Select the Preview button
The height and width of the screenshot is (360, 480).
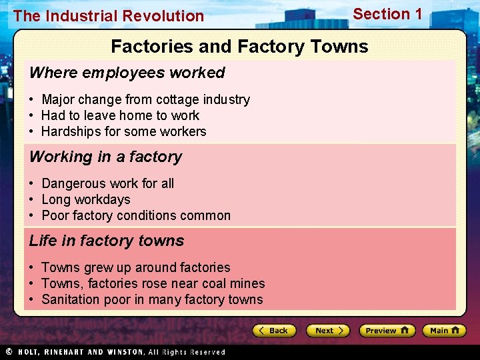[387, 331]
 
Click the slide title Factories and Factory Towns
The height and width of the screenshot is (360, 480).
[239, 47]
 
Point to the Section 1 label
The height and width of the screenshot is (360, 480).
[387, 14]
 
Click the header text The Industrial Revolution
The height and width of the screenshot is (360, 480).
[109, 16]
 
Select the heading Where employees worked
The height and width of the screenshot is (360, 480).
[127, 73]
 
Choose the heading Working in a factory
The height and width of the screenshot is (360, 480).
[105, 157]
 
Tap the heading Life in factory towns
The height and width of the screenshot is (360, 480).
[107, 241]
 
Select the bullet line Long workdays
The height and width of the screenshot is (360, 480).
[85, 199]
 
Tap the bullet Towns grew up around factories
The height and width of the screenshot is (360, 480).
[135, 268]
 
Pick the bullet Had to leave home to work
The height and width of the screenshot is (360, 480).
[120, 116]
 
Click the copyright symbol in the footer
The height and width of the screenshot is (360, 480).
[9, 351]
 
